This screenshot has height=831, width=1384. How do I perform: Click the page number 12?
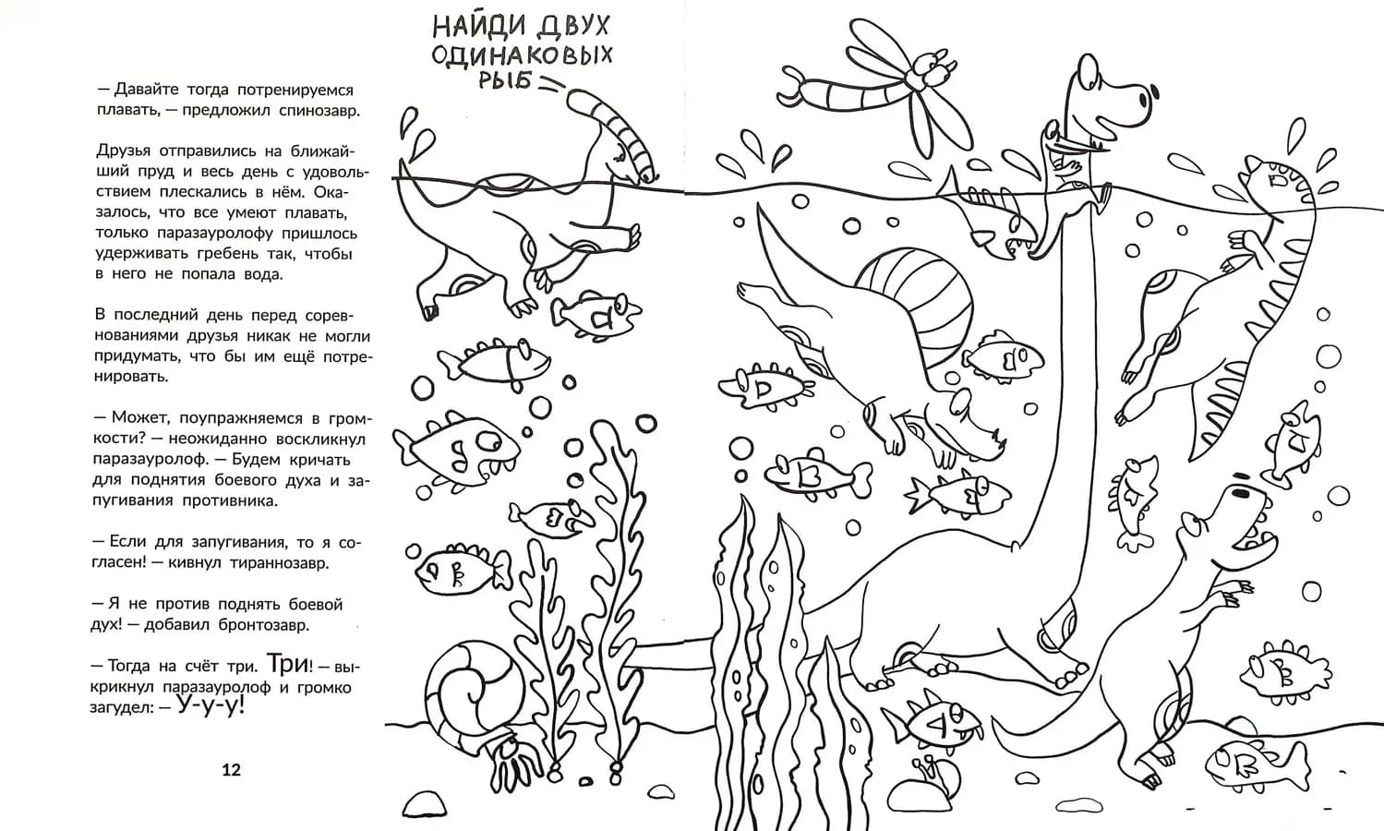231,770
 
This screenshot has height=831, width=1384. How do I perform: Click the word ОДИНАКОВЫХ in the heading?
523,54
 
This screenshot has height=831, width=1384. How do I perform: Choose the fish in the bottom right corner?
1256,762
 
